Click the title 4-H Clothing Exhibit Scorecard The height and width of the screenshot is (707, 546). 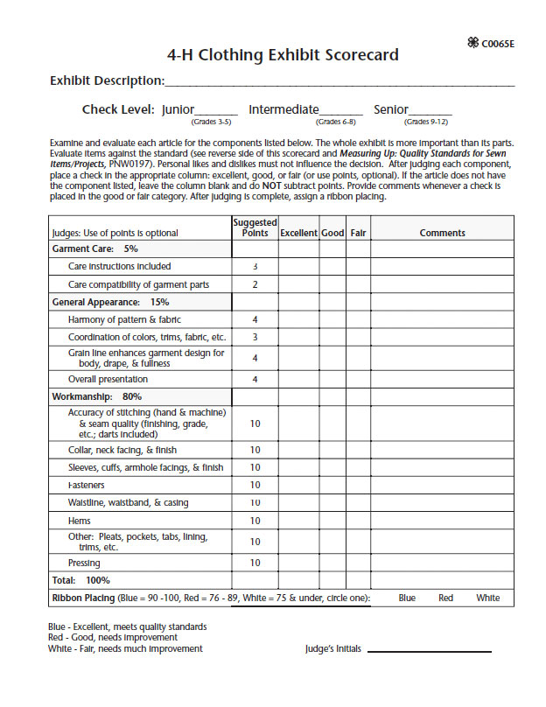283,55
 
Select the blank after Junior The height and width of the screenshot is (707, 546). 217,111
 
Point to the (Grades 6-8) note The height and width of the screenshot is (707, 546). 334,122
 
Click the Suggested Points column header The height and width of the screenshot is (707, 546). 255,227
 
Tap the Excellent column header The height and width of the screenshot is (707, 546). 298,234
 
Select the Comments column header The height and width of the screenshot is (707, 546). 442,234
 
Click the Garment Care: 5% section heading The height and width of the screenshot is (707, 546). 94,248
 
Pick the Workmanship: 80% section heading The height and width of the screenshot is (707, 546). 97,396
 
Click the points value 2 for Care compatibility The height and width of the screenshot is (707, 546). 255,284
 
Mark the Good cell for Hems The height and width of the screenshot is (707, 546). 332,521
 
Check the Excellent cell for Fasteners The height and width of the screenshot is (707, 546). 298,485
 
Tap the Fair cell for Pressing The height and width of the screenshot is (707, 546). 358,563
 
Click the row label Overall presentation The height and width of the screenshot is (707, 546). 108,380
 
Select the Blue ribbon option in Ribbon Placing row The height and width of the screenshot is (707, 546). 407,598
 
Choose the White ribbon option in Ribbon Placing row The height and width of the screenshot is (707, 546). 488,598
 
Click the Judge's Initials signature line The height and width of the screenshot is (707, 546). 429,651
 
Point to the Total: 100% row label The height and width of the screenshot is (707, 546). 80,580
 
